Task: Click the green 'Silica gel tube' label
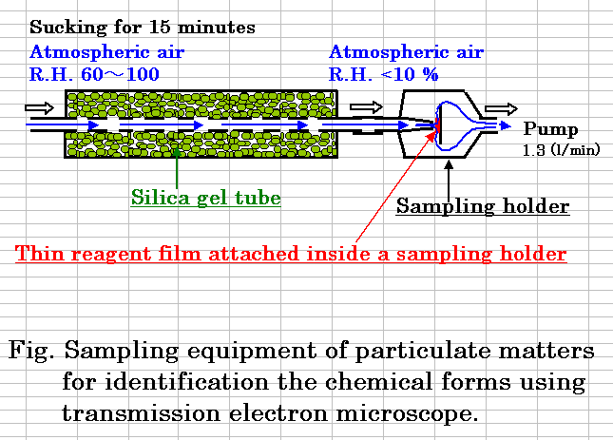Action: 205,198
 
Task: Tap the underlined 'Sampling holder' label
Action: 483,206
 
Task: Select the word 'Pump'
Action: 550,129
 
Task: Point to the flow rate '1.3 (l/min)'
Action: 561,149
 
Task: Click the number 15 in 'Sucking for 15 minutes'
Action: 161,27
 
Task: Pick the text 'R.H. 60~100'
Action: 94,74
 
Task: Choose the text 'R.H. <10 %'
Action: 384,74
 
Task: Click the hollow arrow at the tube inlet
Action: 39,107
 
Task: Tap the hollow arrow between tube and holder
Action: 366,107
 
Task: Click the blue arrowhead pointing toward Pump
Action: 506,125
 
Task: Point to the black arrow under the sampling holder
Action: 449,181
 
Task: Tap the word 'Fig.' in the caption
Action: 30,350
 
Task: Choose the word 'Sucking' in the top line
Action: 67,27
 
